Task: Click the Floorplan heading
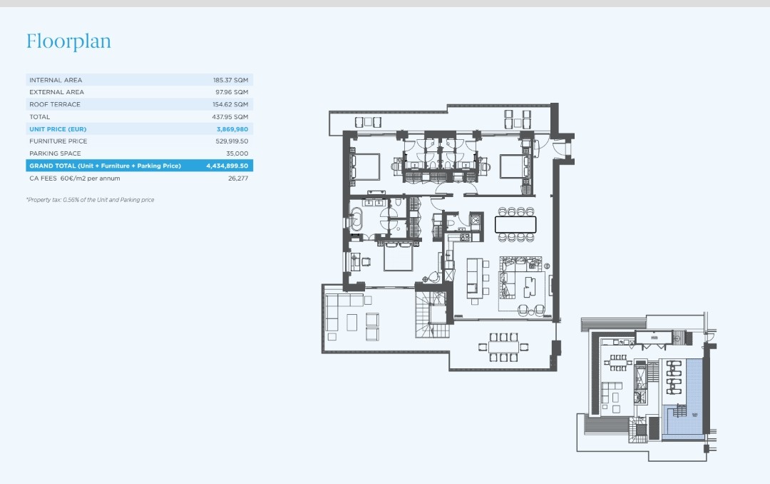pyautogui.click(x=68, y=41)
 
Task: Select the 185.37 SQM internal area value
pyautogui.click(x=230, y=80)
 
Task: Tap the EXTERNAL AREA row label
pyautogui.click(x=56, y=92)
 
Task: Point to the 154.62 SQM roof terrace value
pyautogui.click(x=230, y=104)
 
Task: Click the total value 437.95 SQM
pyautogui.click(x=230, y=116)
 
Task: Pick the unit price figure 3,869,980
pyautogui.click(x=232, y=129)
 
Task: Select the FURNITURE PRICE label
pyautogui.click(x=58, y=141)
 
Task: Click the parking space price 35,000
pyautogui.click(x=237, y=153)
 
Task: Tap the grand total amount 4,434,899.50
pyautogui.click(x=227, y=166)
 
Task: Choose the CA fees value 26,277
pyautogui.click(x=238, y=178)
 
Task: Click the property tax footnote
pyautogui.click(x=91, y=200)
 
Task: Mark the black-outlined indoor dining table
pyautogui.click(x=515, y=224)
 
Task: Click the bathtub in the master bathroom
pyautogui.click(x=356, y=219)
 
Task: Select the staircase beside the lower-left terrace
pyautogui.click(x=431, y=314)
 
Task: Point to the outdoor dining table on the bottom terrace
pyautogui.click(x=503, y=347)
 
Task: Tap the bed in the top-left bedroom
pyautogui.click(x=365, y=167)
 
